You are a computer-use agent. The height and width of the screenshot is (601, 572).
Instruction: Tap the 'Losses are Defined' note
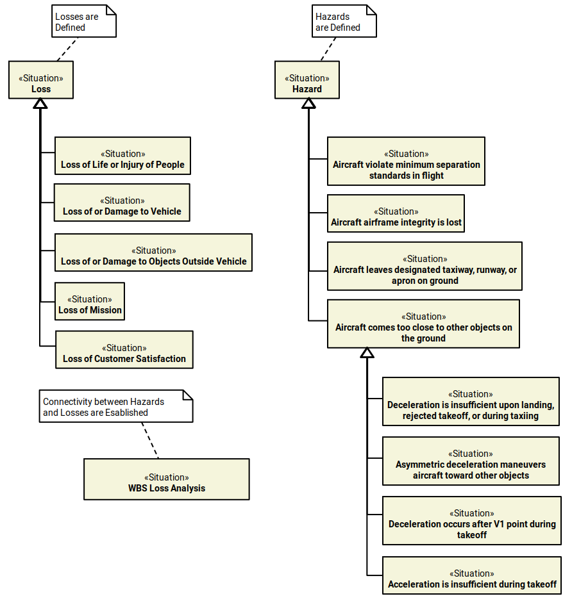coord(83,22)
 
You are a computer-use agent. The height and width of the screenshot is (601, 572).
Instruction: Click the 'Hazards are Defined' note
coord(344,22)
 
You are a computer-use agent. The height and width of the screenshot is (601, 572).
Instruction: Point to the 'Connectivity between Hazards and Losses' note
coord(115,406)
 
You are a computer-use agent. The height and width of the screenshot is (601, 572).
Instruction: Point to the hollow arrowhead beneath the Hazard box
coord(308,103)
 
